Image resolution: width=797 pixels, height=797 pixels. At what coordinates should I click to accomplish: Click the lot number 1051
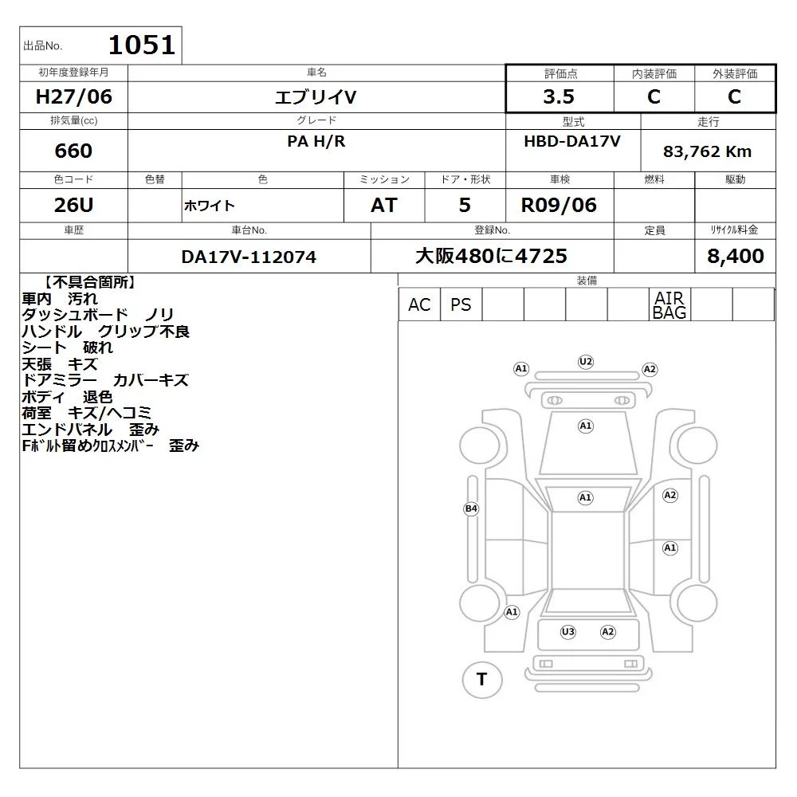click(x=142, y=45)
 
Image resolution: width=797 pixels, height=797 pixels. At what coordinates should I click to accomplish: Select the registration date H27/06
click(x=73, y=96)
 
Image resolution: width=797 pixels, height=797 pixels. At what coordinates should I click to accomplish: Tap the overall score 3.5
click(x=559, y=96)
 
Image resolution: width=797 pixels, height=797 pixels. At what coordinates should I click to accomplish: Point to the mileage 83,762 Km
click(x=707, y=151)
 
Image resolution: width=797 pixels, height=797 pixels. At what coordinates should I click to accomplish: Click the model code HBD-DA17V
click(x=572, y=141)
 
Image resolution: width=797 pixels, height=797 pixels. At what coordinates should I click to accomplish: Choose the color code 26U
click(x=73, y=205)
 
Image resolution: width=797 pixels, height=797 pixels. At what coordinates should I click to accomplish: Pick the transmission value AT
click(x=384, y=205)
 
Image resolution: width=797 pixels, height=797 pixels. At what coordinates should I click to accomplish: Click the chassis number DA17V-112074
click(x=249, y=257)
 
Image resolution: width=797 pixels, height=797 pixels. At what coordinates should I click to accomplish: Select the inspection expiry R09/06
click(x=559, y=205)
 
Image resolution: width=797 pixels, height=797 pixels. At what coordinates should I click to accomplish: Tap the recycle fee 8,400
click(x=736, y=256)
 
